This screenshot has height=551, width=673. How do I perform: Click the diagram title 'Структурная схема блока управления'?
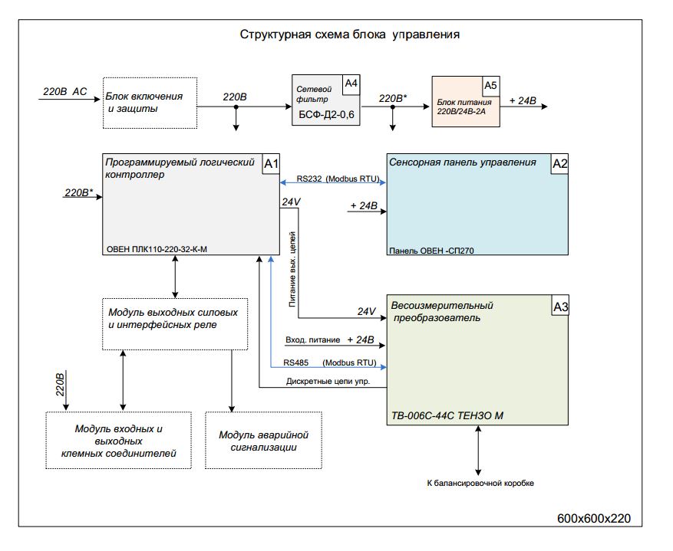pyautogui.click(x=350, y=34)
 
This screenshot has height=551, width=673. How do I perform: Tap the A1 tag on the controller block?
pyautogui.click(x=272, y=163)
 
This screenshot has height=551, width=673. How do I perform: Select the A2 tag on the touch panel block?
pyautogui.click(x=560, y=163)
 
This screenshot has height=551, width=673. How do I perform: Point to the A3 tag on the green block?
pyautogui.click(x=561, y=307)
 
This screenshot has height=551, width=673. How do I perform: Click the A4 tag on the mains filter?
pyautogui.click(x=351, y=83)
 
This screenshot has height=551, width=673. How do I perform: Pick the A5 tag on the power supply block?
pyautogui.click(x=490, y=85)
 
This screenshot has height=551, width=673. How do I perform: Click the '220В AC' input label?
pyautogui.click(x=65, y=92)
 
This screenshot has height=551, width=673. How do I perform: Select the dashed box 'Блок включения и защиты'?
pyautogui.click(x=150, y=103)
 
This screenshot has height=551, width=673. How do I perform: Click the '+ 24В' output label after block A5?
pyautogui.click(x=523, y=100)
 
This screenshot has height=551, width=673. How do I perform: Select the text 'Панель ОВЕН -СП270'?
pyautogui.click(x=431, y=250)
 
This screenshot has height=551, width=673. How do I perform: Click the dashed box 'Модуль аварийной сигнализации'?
pyautogui.click(x=263, y=441)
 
